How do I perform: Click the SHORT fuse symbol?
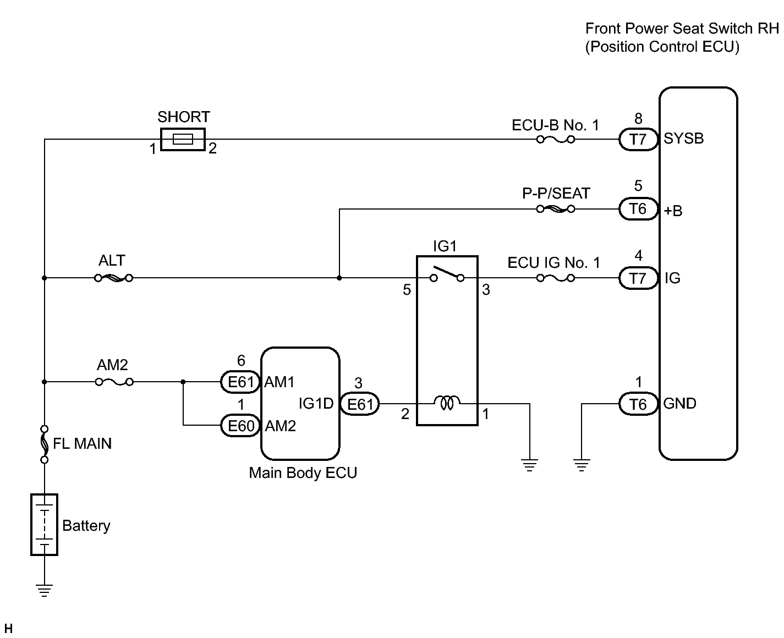[183, 140]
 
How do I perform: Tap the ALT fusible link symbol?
[114, 278]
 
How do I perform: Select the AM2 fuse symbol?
[114, 382]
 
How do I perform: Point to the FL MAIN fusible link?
[44, 443]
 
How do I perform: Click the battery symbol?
[44, 525]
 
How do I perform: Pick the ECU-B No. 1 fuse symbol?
[556, 140]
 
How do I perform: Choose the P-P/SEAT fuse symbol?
[556, 209]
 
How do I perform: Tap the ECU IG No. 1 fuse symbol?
[556, 278]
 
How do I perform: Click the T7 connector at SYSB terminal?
[638, 140]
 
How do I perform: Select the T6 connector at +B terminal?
[638, 209]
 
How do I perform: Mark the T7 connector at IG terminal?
[638, 278]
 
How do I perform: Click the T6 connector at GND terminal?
[638, 404]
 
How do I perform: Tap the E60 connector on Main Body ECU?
[241, 426]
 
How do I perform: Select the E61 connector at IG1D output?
[360, 404]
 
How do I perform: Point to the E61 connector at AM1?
[241, 382]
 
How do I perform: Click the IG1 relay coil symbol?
[447, 404]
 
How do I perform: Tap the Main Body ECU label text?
[303, 473]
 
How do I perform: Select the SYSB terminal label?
[683, 139]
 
